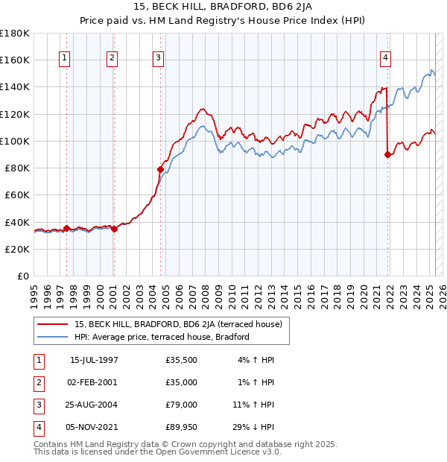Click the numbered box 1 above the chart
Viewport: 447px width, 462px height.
click(66, 60)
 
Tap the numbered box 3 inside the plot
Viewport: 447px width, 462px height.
click(159, 60)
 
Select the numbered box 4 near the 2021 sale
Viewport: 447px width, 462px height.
click(386, 60)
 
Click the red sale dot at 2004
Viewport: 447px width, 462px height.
click(160, 169)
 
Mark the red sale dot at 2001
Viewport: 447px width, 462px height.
click(114, 229)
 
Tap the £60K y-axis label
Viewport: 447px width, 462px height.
click(16, 194)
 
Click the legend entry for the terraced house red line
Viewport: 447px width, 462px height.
click(177, 324)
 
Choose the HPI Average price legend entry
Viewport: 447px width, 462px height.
click(161, 337)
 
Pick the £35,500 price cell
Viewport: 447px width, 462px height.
click(181, 360)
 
